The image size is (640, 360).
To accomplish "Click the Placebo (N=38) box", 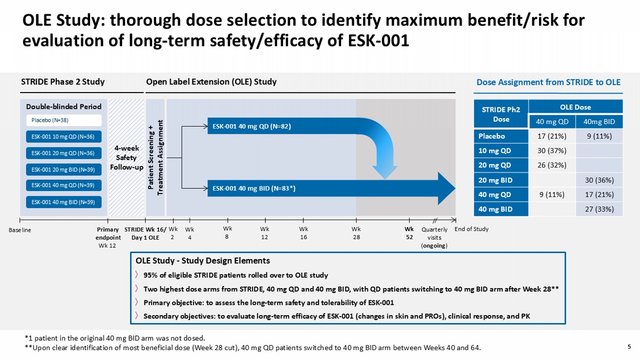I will tap(64, 120).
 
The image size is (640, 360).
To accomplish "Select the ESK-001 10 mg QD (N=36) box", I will tap(64, 136).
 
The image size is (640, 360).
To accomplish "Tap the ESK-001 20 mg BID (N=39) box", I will tap(64, 169).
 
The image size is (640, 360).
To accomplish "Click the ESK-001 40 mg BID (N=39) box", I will tap(64, 202).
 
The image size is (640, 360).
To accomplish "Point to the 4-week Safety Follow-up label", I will tap(127, 157).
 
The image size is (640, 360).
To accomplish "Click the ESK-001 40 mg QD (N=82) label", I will tap(252, 126).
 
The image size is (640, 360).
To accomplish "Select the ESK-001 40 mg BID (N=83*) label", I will tap(254, 188).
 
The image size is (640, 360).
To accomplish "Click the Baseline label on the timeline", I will tap(20, 229).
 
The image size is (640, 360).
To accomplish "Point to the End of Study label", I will tap(472, 229).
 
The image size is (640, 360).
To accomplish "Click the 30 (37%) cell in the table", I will tap(551, 150).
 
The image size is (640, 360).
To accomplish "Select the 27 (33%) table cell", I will tap(599, 209).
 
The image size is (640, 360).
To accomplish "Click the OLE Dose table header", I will tap(575, 107).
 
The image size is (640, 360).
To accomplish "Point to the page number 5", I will tap(629, 346).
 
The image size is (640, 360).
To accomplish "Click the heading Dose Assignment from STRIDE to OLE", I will tap(548, 82).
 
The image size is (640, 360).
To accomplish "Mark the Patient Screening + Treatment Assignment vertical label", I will tap(156, 157).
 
